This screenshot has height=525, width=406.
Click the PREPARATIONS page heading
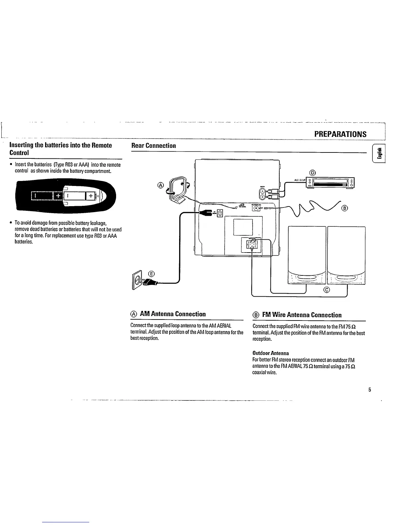[x=340, y=134]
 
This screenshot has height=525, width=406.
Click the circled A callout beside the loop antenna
[x=161, y=185]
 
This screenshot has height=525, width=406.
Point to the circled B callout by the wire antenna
[x=345, y=208]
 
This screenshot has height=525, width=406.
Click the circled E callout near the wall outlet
[x=151, y=273]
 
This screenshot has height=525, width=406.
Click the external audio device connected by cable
[x=331, y=183]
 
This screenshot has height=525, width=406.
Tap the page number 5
[x=370, y=390]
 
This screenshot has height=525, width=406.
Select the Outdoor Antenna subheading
[x=270, y=353]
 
